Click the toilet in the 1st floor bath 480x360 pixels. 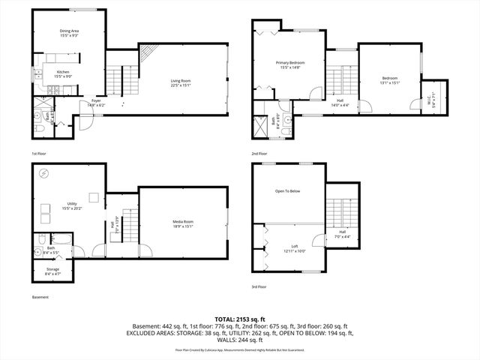coord(38,129)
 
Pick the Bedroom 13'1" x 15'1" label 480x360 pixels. coord(389,81)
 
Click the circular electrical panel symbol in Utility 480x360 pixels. coord(44,174)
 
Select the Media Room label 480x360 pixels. coord(183,223)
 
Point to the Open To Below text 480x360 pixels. coord(287,191)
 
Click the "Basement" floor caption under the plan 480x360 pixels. coord(40,297)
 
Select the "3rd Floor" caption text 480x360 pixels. coord(259,286)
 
